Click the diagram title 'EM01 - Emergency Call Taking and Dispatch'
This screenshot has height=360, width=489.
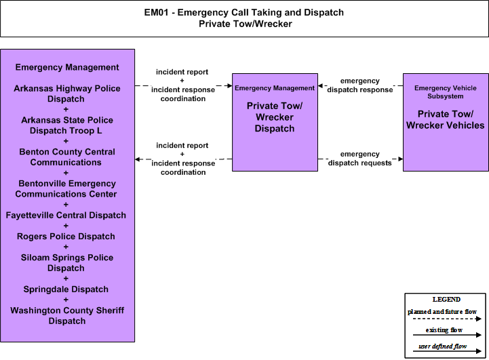[244, 12]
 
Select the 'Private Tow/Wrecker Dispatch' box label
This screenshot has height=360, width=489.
[275, 117]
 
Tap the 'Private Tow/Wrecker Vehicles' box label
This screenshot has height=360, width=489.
[446, 120]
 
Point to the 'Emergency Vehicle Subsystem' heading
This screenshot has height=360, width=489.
[446, 92]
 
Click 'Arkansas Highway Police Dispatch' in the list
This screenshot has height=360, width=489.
[66, 94]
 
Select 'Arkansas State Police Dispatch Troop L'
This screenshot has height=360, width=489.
[66, 125]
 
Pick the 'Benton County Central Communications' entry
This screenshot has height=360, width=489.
[66, 157]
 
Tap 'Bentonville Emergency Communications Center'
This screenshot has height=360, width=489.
[66, 189]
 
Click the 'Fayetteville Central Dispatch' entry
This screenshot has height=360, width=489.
[66, 216]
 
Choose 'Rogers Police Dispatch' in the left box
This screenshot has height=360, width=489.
[66, 237]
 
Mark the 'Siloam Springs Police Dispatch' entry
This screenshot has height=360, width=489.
[66, 263]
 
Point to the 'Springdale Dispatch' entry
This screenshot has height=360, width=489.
[66, 289]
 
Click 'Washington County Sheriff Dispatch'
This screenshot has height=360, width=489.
[67, 315]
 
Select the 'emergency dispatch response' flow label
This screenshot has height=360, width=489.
[360, 85]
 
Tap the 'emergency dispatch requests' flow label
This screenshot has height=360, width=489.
[360, 159]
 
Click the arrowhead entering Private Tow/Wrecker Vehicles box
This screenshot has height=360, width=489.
[401, 159]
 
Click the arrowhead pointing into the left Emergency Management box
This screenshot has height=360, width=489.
[137, 159]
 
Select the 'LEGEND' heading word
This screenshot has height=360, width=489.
[446, 300]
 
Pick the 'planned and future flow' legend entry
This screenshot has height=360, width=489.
[442, 312]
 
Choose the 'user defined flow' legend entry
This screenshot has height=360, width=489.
[442, 346]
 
